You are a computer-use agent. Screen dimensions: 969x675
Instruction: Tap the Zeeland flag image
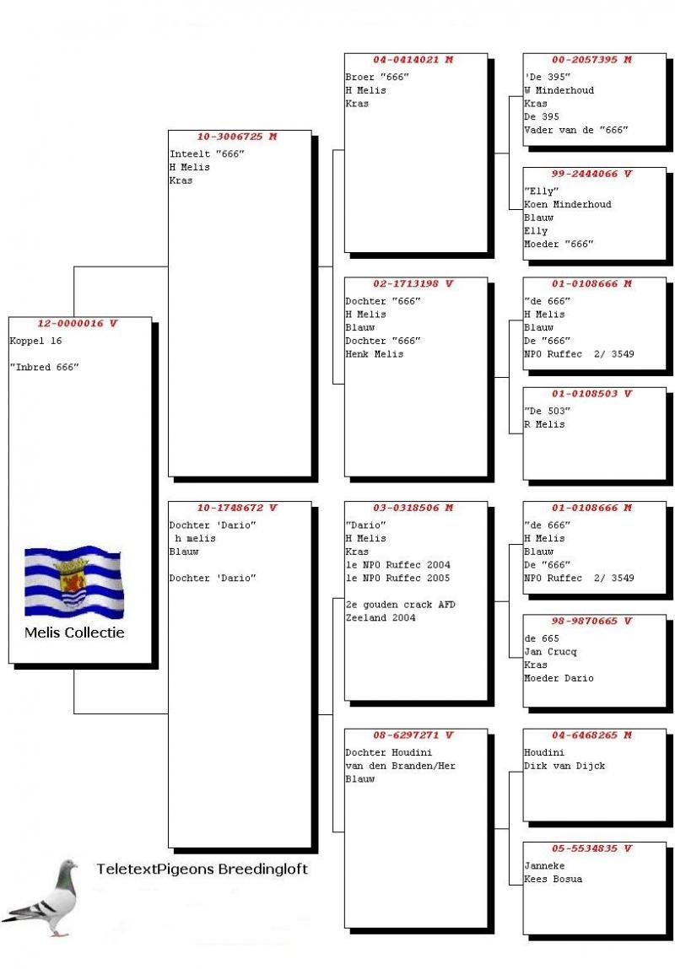(73, 581)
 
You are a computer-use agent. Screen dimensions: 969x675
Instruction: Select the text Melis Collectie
(74, 632)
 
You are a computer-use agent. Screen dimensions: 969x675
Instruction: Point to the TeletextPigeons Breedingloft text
(202, 869)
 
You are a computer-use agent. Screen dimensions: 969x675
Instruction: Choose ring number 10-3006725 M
(236, 137)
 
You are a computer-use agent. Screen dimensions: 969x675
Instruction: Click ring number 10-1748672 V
(236, 508)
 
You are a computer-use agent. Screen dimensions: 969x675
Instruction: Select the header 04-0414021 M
(413, 60)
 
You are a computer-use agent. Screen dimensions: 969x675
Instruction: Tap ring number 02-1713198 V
(413, 283)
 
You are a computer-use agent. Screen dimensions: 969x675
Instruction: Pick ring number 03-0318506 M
(413, 508)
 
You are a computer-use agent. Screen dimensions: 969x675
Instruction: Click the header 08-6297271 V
(413, 735)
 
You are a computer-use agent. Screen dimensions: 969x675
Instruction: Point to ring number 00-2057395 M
(591, 60)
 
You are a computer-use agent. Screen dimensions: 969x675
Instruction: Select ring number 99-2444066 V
(591, 174)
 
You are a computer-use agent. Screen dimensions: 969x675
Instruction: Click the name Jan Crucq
(550, 651)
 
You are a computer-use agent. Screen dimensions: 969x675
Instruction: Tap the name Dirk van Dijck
(564, 766)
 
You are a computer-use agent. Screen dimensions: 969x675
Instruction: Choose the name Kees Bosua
(553, 879)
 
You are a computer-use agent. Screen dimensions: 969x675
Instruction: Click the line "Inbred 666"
(44, 368)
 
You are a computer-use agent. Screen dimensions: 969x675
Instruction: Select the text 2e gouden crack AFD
(400, 605)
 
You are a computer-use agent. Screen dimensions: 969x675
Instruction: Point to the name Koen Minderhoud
(567, 204)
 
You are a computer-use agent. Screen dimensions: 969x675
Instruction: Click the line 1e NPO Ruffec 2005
(397, 578)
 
